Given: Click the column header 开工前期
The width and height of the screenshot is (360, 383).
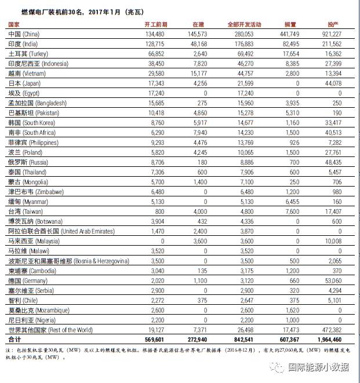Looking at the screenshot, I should pos(155,24).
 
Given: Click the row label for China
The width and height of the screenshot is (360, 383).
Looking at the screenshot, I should pos(23,34).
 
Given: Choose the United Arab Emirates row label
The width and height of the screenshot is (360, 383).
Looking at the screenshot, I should pos(61,231).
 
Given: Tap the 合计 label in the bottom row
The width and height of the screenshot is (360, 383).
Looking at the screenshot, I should pos(13,339).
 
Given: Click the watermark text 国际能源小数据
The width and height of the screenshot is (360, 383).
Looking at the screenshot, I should pos(319,367).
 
